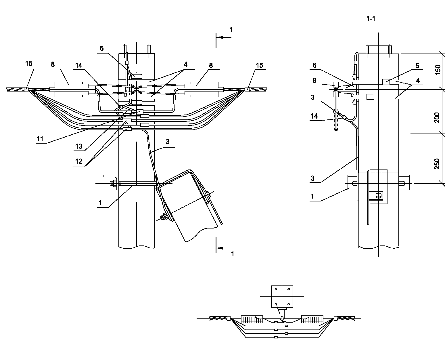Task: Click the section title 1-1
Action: tap(371, 19)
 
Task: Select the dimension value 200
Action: tap(437, 118)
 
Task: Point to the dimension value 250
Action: tap(437, 163)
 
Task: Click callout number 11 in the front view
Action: tap(40, 139)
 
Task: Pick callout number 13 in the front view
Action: tap(79, 146)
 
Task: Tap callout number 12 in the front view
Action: tap(79, 161)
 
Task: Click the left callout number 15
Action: tap(29, 64)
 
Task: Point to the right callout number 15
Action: tap(259, 65)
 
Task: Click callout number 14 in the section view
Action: tap(314, 116)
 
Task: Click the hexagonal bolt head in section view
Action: tap(379, 196)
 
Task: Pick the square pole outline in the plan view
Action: tap(282, 296)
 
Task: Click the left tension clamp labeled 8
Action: tap(72, 89)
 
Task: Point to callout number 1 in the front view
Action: tap(100, 203)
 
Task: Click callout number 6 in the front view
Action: tap(101, 48)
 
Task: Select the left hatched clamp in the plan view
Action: tap(252, 319)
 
